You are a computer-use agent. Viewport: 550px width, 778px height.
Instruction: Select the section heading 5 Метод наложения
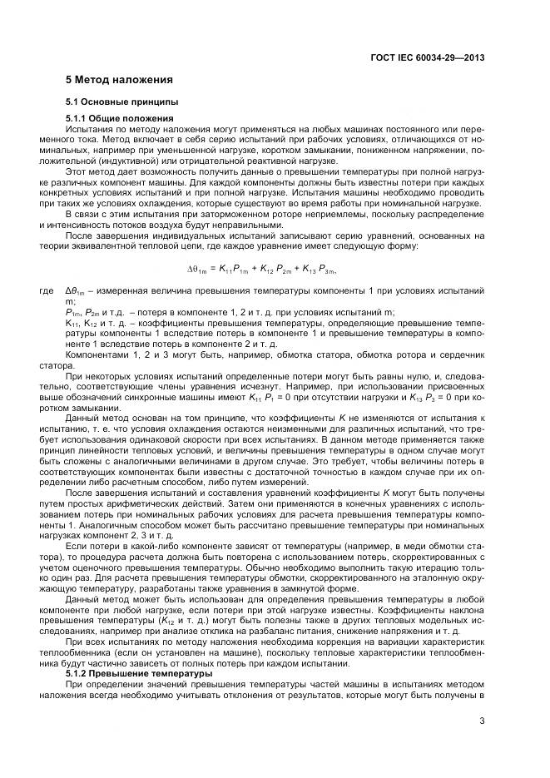click(x=119, y=81)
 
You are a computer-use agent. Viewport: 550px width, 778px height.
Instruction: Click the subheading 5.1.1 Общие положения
click(x=119, y=119)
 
